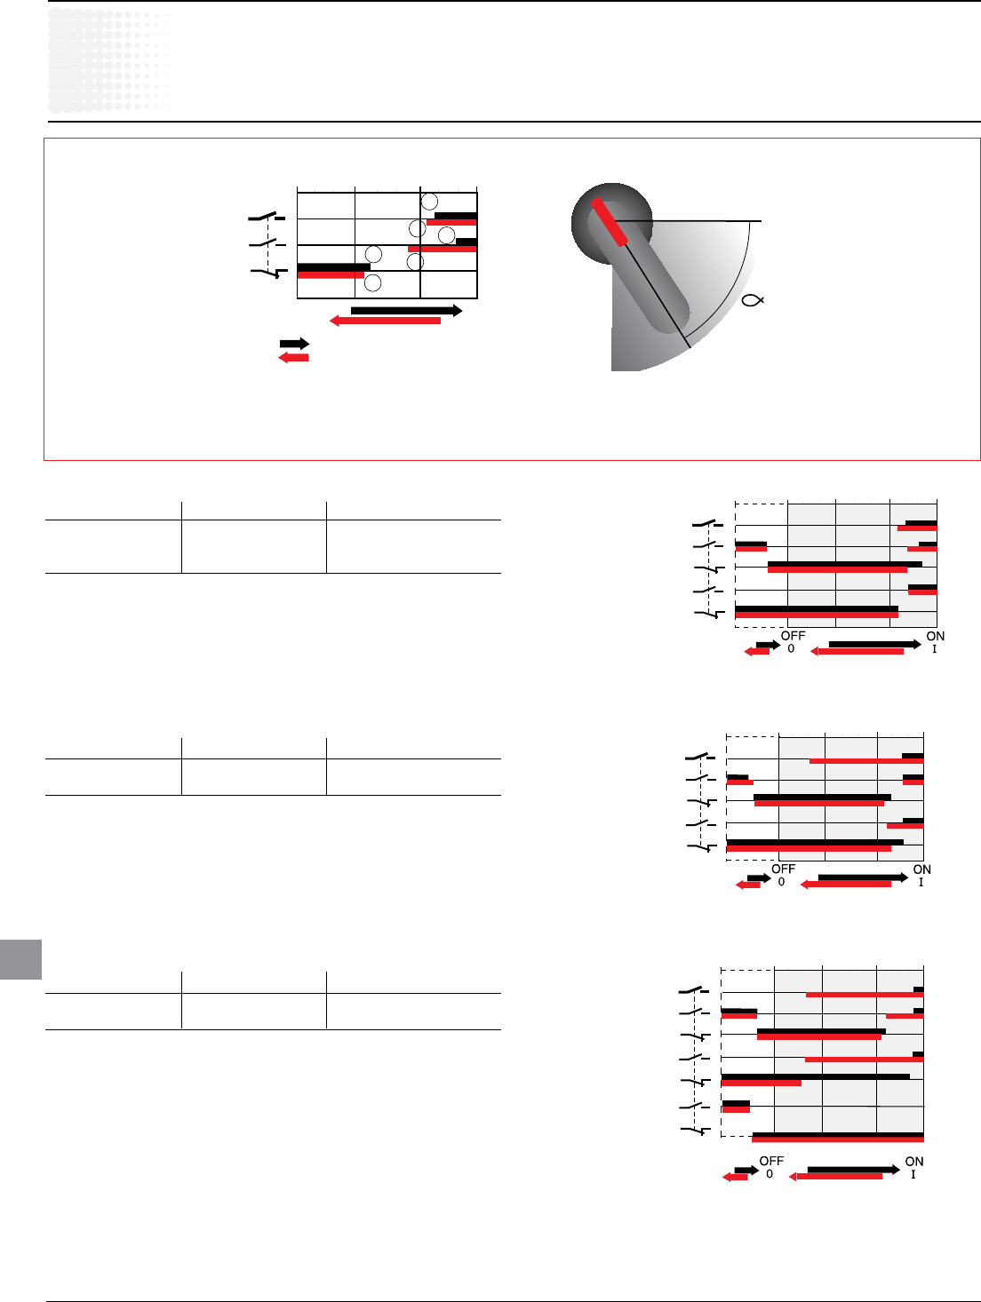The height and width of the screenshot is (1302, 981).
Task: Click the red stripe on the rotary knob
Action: pos(609,221)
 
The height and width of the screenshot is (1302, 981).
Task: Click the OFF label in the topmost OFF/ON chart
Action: pos(793,636)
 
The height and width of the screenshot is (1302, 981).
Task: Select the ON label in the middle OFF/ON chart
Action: pos(921,869)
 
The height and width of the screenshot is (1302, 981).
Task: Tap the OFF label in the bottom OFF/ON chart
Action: pos(771,1161)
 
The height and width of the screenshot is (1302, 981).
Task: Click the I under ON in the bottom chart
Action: pos(913,1174)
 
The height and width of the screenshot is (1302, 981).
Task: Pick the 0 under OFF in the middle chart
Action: pos(782,882)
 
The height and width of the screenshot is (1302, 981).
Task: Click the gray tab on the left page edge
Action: pos(20,959)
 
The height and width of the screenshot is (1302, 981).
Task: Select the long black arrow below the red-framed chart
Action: pos(406,310)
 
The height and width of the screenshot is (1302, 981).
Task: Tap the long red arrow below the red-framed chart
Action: pos(385,321)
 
